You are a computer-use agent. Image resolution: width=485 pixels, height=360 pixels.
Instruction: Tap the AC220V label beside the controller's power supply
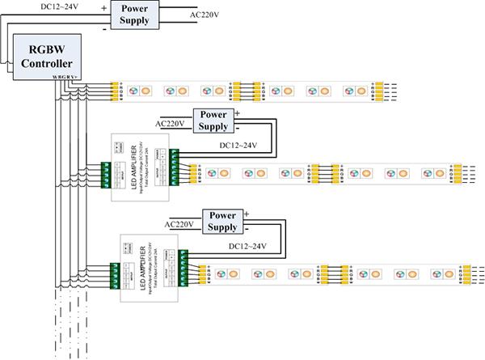pyautogui.click(x=205, y=14)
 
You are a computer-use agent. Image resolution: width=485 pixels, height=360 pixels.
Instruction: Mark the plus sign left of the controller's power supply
pyautogui.click(x=103, y=6)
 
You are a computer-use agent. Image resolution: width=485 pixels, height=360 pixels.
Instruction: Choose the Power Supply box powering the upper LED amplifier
pyautogui.click(x=213, y=121)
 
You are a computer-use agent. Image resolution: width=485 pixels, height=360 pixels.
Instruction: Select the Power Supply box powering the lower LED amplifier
pyautogui.click(x=223, y=222)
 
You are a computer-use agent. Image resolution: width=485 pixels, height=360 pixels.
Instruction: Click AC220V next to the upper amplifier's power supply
pyautogui.click(x=171, y=124)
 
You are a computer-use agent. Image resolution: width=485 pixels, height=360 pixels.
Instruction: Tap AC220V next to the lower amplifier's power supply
pyautogui.click(x=181, y=224)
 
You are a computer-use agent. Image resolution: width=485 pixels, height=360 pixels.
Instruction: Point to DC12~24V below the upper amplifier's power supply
pyautogui.click(x=238, y=146)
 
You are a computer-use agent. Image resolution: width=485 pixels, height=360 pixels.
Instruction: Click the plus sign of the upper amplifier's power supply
pyautogui.click(x=237, y=113)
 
